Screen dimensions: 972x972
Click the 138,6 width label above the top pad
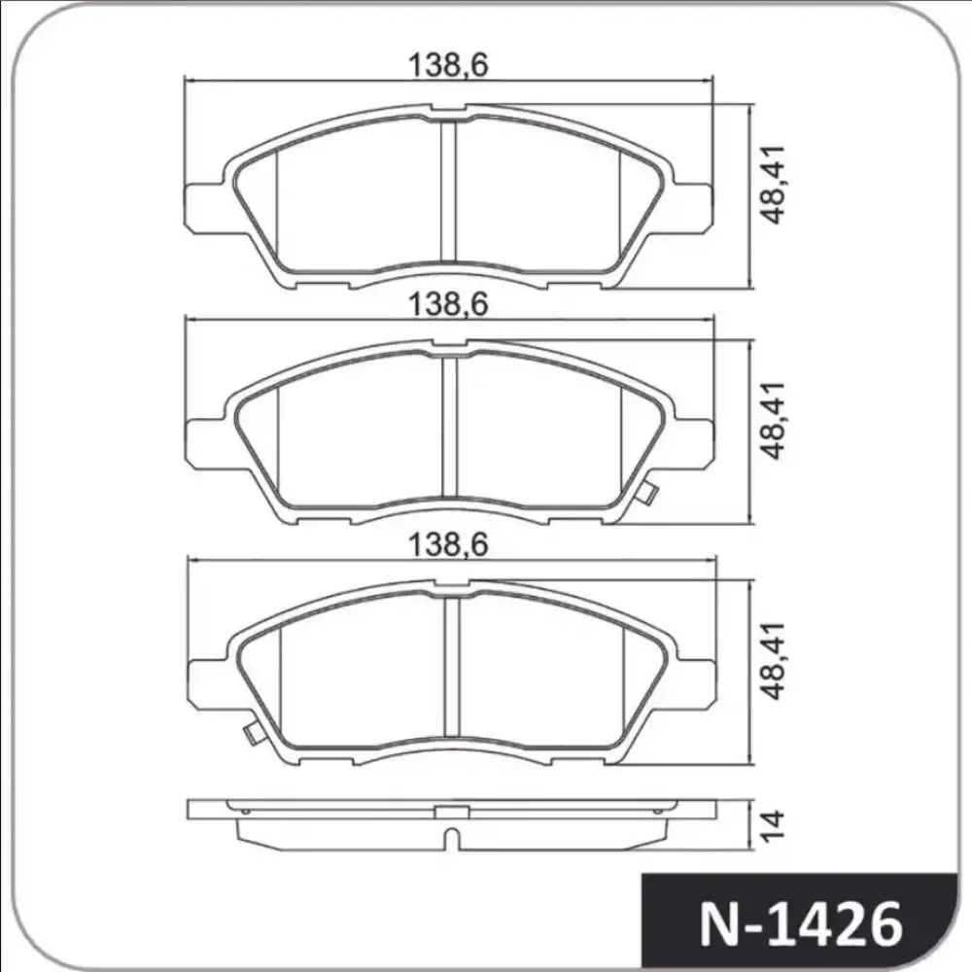447,65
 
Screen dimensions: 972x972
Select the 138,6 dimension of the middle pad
447,303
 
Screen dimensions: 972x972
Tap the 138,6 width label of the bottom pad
447,545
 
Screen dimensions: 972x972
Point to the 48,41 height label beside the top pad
776,192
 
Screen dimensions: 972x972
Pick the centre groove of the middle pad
449,428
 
